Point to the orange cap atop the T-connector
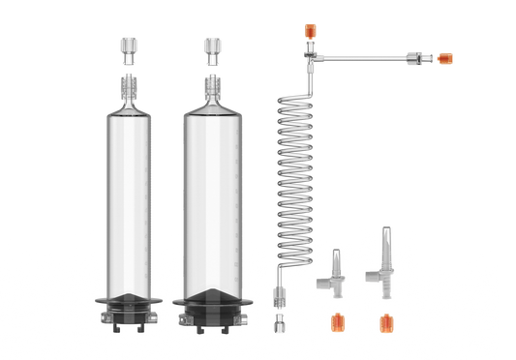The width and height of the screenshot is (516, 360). pyautogui.click(x=307, y=32)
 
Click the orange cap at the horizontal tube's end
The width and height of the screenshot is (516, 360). pyautogui.click(x=445, y=58)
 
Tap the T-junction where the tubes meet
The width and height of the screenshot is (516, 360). pyautogui.click(x=308, y=60)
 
